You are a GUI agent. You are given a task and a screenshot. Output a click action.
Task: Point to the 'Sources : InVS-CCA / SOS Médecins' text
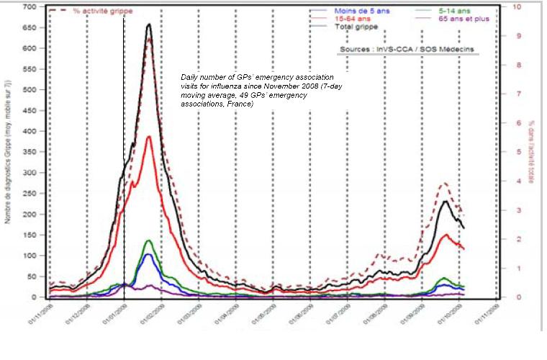tap(407, 49)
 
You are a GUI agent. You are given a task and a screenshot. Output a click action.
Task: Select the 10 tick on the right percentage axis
tap(513, 7)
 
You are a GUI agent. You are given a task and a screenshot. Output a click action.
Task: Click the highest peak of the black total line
tap(148, 24)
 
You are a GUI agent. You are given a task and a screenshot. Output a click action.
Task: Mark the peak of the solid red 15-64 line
tap(148, 137)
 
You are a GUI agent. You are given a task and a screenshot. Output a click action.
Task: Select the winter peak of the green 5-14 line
tap(148, 240)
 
